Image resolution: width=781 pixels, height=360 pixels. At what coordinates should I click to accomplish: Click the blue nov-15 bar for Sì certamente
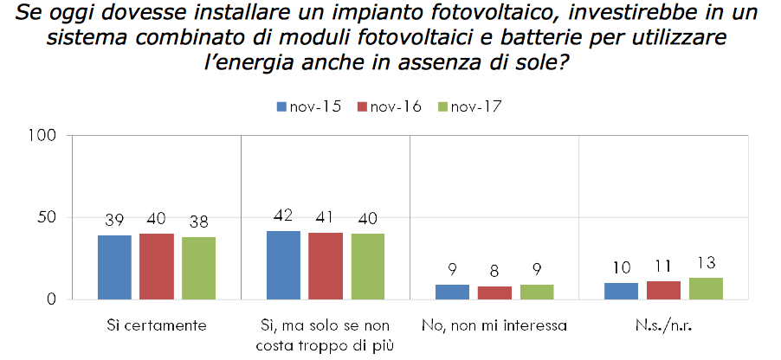tap(114, 267)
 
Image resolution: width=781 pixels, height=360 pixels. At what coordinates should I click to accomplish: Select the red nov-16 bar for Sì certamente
tap(157, 267)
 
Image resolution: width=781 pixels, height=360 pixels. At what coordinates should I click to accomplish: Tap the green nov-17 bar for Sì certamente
tap(198, 268)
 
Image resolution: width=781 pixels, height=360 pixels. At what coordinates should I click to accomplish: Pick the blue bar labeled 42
tap(283, 265)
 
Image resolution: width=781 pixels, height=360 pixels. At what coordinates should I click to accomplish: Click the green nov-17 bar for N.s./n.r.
tap(706, 289)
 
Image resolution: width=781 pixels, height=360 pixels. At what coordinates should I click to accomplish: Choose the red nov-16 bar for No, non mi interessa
tap(494, 292)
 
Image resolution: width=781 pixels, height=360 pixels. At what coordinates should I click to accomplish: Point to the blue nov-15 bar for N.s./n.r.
tap(621, 291)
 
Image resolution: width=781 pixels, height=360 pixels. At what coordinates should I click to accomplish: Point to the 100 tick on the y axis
tap(46, 136)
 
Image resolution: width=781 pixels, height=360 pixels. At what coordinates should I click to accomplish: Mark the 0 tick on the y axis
tap(54, 299)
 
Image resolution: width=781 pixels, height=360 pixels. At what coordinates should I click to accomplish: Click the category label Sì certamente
tap(157, 326)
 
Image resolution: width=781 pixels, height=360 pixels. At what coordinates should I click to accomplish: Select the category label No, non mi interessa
tap(494, 326)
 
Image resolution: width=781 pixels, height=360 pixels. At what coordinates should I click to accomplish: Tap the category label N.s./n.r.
tap(663, 326)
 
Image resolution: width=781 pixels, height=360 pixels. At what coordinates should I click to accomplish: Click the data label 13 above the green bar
tap(706, 263)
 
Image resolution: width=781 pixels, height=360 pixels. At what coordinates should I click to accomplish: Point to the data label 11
tap(663, 267)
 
